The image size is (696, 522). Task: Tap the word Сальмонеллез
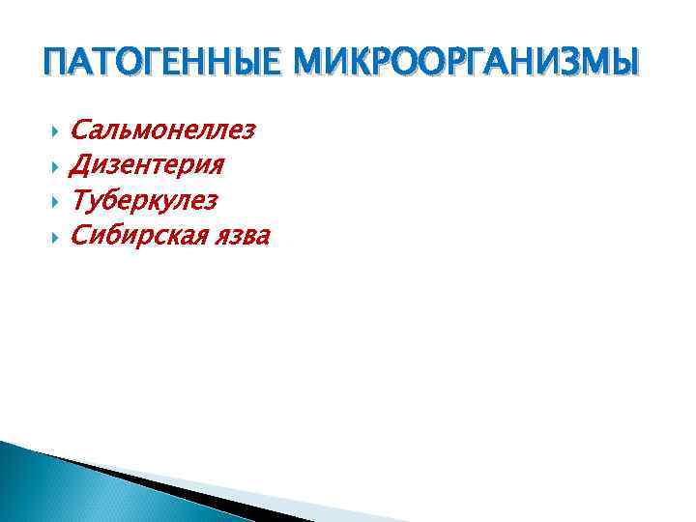(163, 130)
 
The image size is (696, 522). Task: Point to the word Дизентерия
(148, 165)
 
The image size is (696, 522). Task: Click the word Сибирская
(134, 235)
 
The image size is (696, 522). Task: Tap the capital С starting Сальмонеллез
(80, 130)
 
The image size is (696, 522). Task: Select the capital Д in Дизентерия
(81, 165)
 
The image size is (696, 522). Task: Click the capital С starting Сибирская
(80, 235)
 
